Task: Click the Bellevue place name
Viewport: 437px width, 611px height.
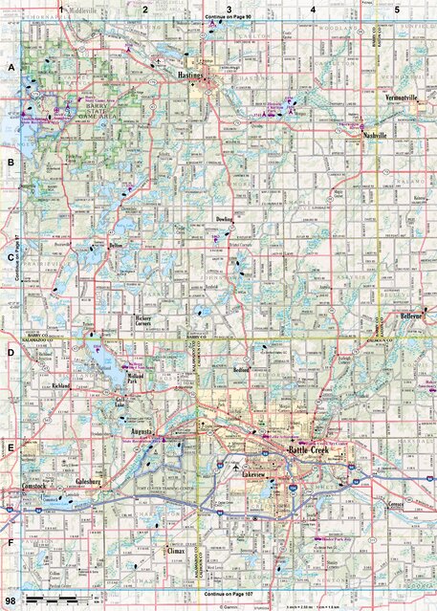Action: point(411,315)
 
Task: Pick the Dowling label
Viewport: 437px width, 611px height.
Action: point(225,219)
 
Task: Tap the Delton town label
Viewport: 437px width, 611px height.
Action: point(118,246)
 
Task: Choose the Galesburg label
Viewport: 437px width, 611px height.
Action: point(92,482)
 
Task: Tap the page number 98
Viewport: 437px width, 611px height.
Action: point(11,599)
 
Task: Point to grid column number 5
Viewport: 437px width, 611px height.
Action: point(396,8)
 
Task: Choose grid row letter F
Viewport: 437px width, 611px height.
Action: point(11,548)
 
